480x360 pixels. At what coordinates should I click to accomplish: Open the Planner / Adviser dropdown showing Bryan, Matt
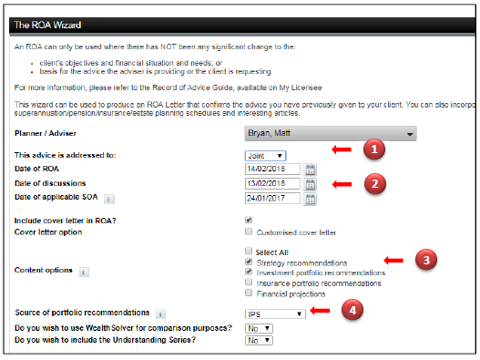331,134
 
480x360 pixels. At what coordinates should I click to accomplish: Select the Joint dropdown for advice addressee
265,156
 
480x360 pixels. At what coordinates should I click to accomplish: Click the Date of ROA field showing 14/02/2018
272,169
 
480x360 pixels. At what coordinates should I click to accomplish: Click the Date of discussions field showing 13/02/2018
272,183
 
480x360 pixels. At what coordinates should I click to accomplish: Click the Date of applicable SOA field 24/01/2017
272,199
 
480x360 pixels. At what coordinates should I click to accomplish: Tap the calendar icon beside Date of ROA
310,170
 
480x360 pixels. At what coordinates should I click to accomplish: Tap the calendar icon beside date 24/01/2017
310,200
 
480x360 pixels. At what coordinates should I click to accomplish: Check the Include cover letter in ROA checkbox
249,220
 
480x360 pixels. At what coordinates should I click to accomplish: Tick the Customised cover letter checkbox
249,231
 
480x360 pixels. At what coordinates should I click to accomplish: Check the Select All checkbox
249,252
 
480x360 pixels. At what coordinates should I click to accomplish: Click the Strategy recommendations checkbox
249,262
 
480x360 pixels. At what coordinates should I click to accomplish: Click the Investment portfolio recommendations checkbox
249,272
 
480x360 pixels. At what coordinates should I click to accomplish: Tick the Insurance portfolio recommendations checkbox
249,283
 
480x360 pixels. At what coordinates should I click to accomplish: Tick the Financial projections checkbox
249,293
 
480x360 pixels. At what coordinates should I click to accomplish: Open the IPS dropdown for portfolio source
275,314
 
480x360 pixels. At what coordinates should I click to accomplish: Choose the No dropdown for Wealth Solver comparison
259,328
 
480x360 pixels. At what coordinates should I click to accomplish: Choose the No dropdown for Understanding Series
259,340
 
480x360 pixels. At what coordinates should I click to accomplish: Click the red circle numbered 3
426,260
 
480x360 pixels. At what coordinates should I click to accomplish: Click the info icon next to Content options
84,272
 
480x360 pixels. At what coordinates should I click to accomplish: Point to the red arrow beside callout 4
320,311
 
